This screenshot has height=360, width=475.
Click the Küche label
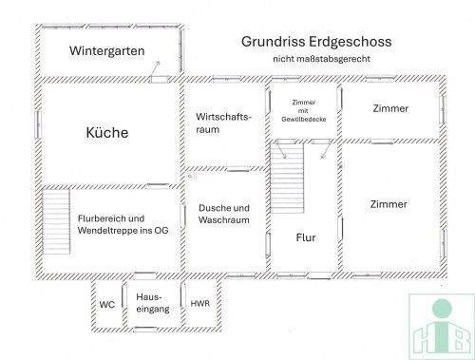point(106,133)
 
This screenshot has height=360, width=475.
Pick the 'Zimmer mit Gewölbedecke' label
point(303,110)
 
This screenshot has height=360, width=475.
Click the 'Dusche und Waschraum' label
point(224,214)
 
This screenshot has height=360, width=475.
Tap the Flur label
point(306,237)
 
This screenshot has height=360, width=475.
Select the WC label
point(106,305)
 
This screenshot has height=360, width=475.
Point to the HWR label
point(199,304)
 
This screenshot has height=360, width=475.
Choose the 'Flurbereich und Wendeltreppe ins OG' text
point(123,223)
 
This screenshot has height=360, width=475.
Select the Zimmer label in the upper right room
point(390,108)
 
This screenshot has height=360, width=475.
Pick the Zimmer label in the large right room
point(389,204)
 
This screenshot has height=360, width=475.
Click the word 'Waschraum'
point(224,220)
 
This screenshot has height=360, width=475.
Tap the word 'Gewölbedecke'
point(303,119)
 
